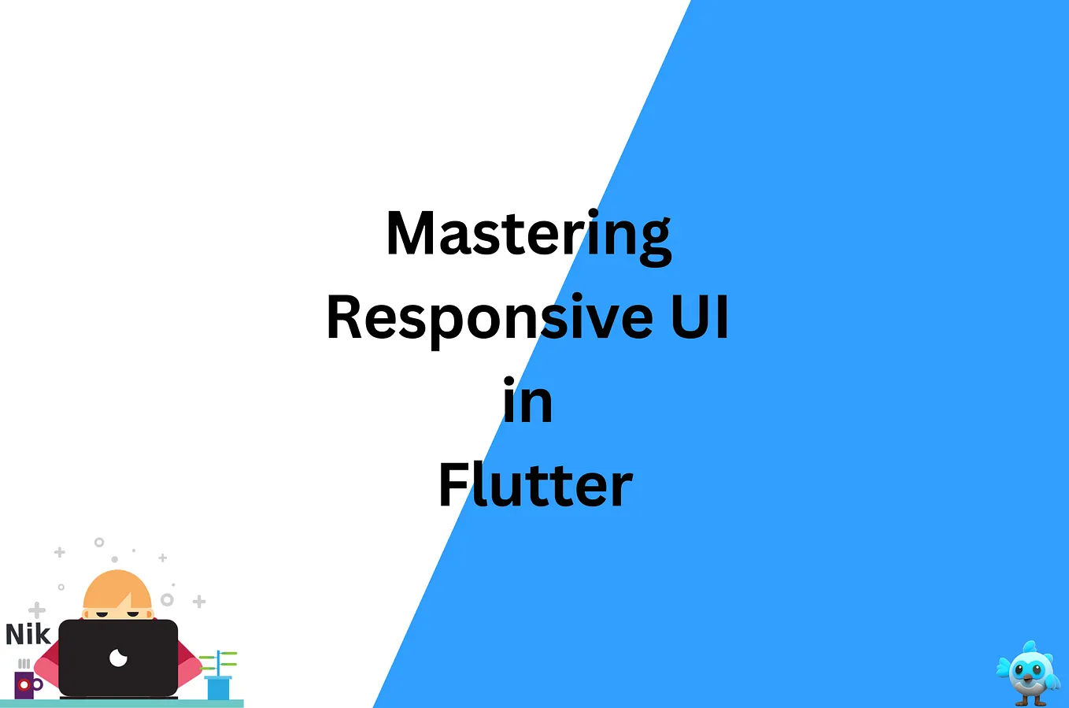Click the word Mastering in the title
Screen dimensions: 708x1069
coord(528,234)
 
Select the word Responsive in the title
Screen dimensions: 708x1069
coord(489,318)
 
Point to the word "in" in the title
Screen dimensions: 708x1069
coord(527,402)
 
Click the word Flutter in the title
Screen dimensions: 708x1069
coord(535,485)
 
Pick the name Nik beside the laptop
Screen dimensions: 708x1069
coord(28,634)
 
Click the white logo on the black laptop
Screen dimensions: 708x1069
coord(118,657)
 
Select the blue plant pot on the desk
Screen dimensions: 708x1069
coord(218,688)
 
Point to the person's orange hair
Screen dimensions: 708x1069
coord(117,589)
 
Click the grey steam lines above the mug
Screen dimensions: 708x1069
coord(24,664)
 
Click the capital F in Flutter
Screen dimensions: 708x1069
coord(453,484)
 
